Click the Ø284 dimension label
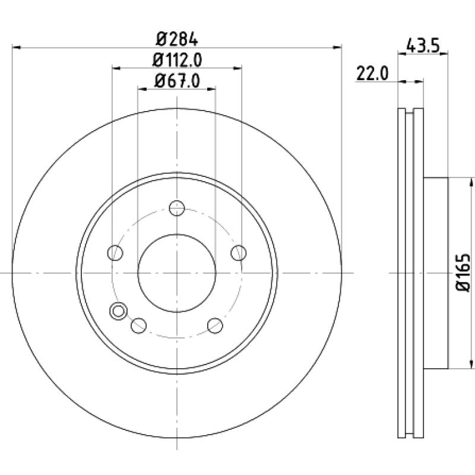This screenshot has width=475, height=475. [177, 39]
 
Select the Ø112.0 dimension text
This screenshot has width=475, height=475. [177, 60]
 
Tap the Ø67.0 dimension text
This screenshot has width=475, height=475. [177, 81]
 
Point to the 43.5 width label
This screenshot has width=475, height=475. [423, 46]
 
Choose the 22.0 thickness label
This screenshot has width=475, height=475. [372, 73]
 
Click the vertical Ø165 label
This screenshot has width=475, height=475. [463, 273]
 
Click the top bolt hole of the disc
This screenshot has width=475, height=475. [177, 208]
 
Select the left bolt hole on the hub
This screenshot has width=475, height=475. [115, 253]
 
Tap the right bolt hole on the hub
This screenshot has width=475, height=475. [239, 253]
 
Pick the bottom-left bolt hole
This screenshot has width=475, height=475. [139, 325]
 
